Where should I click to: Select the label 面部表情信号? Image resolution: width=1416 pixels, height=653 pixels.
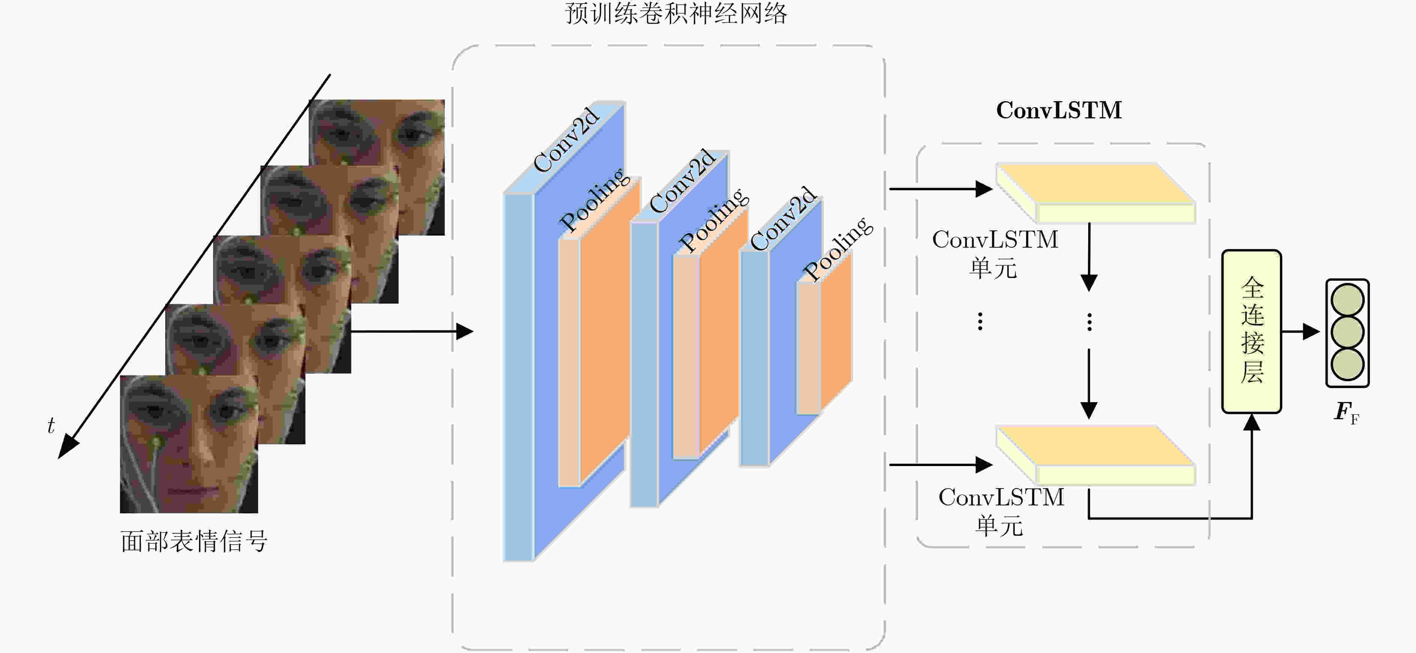(194, 541)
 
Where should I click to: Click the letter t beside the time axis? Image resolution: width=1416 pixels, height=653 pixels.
(51, 426)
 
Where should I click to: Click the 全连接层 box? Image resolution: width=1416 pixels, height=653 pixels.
(1252, 332)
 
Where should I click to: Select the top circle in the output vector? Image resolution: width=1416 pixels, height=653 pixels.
(1347, 300)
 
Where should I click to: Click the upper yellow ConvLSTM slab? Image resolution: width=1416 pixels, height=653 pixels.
(1096, 193)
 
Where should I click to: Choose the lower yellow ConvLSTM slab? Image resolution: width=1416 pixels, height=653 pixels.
(1096, 455)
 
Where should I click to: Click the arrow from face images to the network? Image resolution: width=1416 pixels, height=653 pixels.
(412, 332)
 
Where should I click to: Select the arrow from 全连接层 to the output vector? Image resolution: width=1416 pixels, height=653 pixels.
(1301, 332)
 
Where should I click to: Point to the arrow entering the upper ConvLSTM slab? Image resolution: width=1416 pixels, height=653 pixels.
(941, 189)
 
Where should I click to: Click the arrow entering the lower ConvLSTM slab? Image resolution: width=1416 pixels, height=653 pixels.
(941, 465)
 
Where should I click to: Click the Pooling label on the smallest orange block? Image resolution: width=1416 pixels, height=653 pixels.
(838, 248)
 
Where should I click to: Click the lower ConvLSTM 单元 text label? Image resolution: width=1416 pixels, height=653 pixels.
(1001, 511)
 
